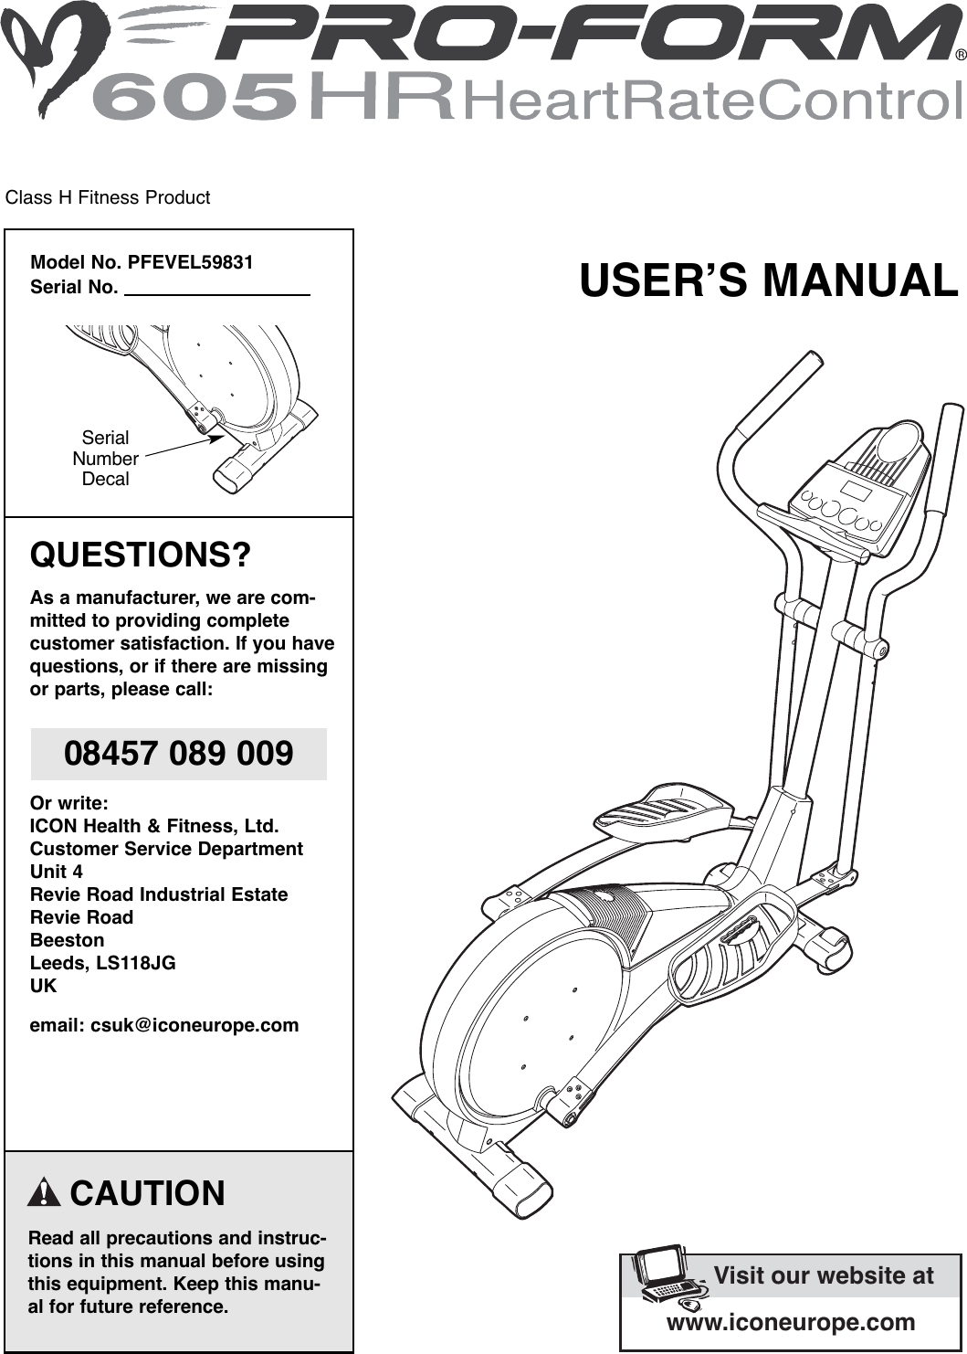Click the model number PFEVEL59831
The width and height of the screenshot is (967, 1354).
pyautogui.click(x=190, y=263)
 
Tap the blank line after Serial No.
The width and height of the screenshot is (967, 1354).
pyautogui.click(x=217, y=288)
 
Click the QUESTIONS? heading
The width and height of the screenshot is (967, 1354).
pyautogui.click(x=141, y=555)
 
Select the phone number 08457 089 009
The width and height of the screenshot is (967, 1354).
pyautogui.click(x=179, y=754)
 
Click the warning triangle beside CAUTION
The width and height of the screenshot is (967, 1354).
pyautogui.click(x=44, y=1193)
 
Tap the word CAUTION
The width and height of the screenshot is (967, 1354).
pyautogui.click(x=147, y=1193)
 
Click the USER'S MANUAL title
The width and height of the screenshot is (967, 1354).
pyautogui.click(x=769, y=280)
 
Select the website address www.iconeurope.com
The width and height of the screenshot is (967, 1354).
pyautogui.click(x=791, y=1322)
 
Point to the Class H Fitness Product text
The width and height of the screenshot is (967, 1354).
pyautogui.click(x=108, y=197)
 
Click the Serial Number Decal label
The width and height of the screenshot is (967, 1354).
pyautogui.click(x=105, y=458)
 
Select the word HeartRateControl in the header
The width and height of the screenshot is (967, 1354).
pyautogui.click(x=712, y=100)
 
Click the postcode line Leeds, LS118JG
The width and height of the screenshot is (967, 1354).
pyautogui.click(x=103, y=963)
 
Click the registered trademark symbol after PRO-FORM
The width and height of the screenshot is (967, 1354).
pyautogui.click(x=960, y=55)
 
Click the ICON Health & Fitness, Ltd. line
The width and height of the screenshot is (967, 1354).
pyautogui.click(x=154, y=826)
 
